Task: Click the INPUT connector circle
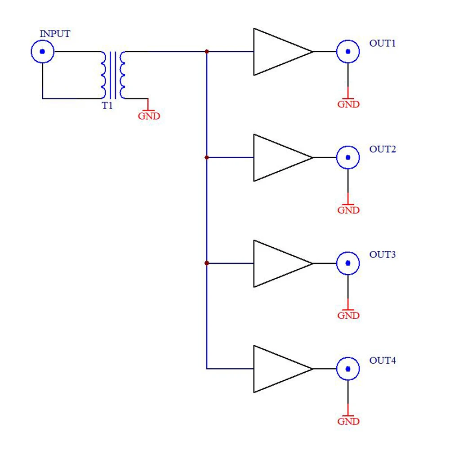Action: (x=43, y=52)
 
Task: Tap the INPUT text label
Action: (x=55, y=34)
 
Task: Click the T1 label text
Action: (x=107, y=106)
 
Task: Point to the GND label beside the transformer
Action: (x=149, y=116)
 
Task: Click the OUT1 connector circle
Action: (x=348, y=52)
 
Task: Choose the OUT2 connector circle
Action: (x=348, y=158)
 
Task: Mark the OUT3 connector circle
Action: (x=348, y=263)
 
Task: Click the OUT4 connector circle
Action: (x=348, y=369)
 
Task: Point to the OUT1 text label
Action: (x=383, y=44)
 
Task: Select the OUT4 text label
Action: (x=383, y=361)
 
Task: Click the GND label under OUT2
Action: (x=349, y=210)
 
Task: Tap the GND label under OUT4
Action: (x=349, y=422)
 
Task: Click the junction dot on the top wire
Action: (x=207, y=52)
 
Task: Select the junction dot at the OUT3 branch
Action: (x=207, y=263)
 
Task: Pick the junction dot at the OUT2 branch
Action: (x=207, y=158)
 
